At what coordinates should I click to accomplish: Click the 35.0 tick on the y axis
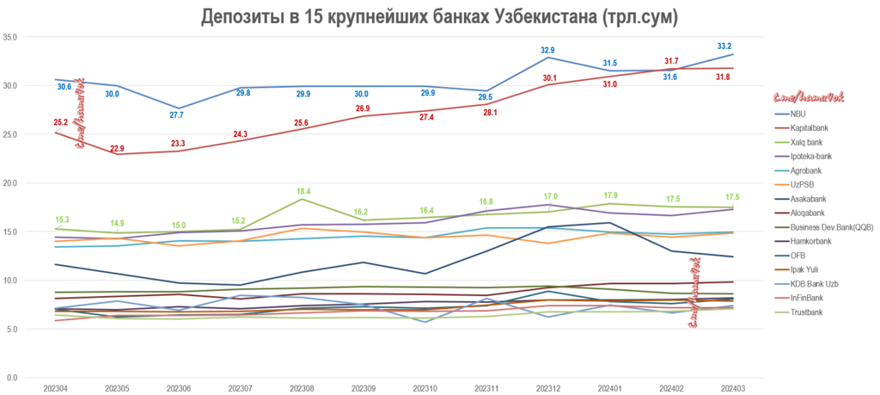pyautogui.click(x=10, y=37)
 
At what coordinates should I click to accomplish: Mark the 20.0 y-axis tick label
pyautogui.click(x=10, y=183)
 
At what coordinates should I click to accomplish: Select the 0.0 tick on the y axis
pyautogui.click(x=13, y=378)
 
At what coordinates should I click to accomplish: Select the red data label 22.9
pyautogui.click(x=117, y=148)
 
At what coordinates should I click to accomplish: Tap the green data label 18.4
pyautogui.click(x=302, y=191)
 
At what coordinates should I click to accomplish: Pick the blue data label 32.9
pyautogui.click(x=547, y=50)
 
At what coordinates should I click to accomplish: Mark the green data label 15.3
pyautogui.click(x=63, y=219)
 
